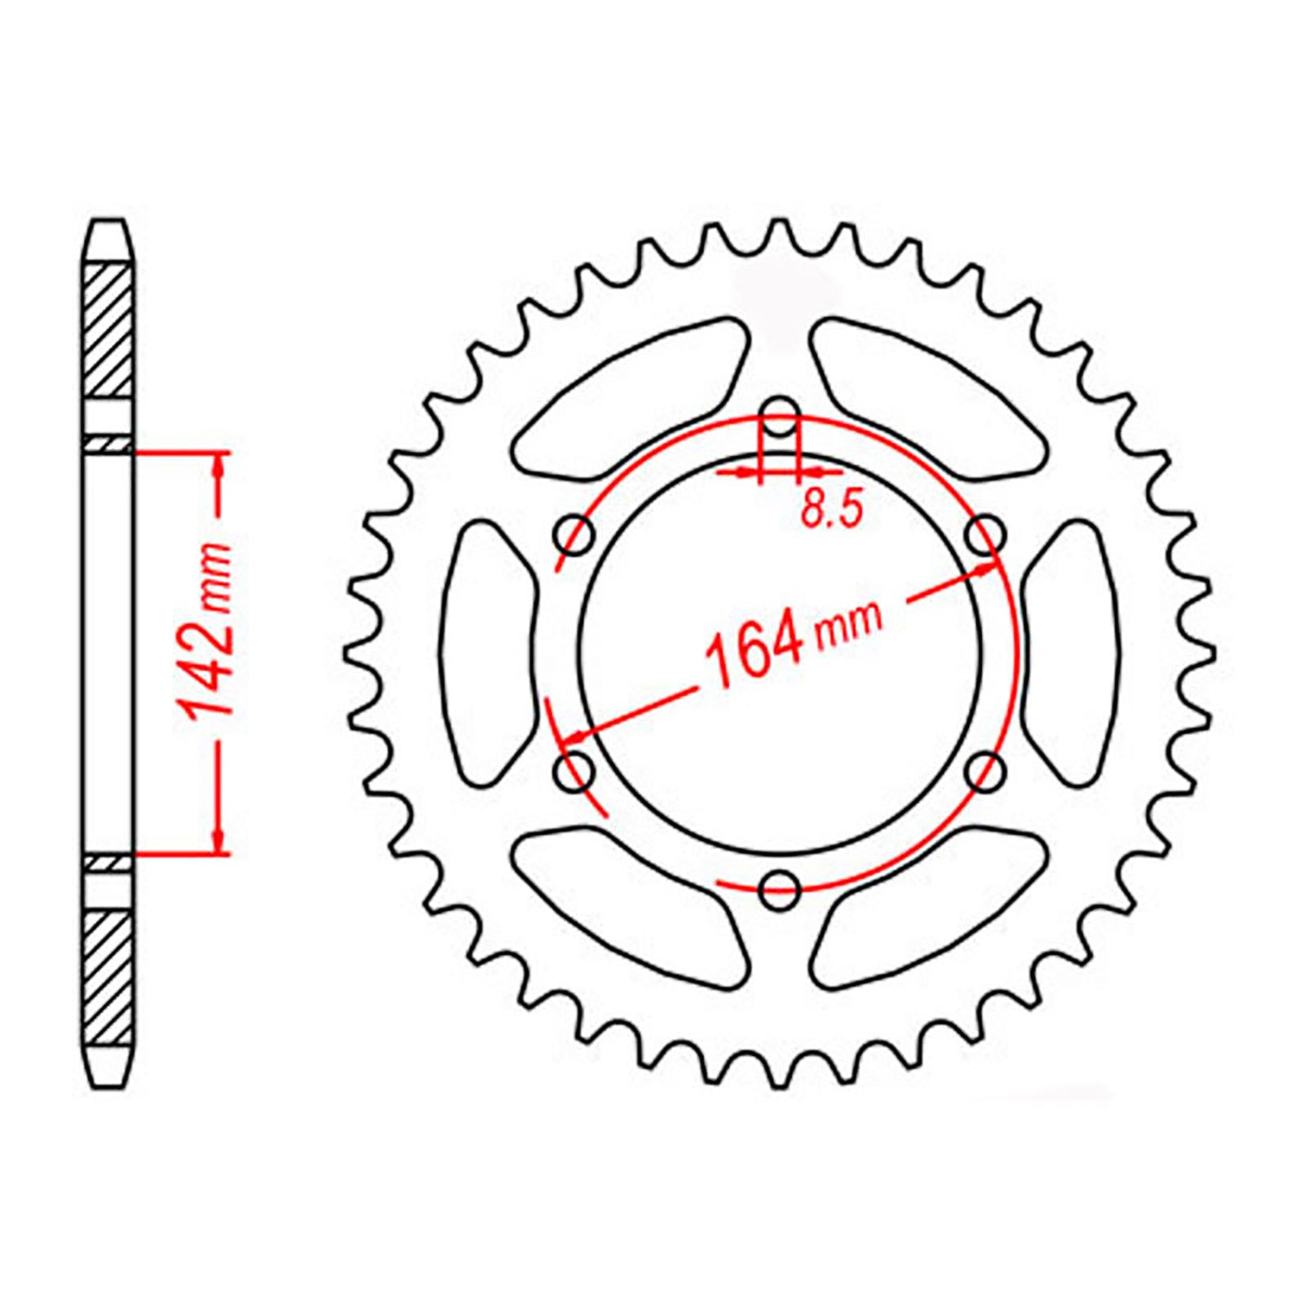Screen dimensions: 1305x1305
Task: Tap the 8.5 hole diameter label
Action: pos(830,511)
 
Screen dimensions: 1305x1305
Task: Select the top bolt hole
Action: pos(781,417)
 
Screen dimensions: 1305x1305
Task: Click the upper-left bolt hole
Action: pos(574,535)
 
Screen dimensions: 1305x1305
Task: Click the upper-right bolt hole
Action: pos(985,535)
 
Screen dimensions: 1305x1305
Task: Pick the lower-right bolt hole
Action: pos(985,770)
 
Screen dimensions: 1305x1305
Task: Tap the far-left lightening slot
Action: pos(488,652)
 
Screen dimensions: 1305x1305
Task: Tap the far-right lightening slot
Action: pos(1072,652)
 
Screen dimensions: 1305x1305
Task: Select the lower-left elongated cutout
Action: pos(632,905)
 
